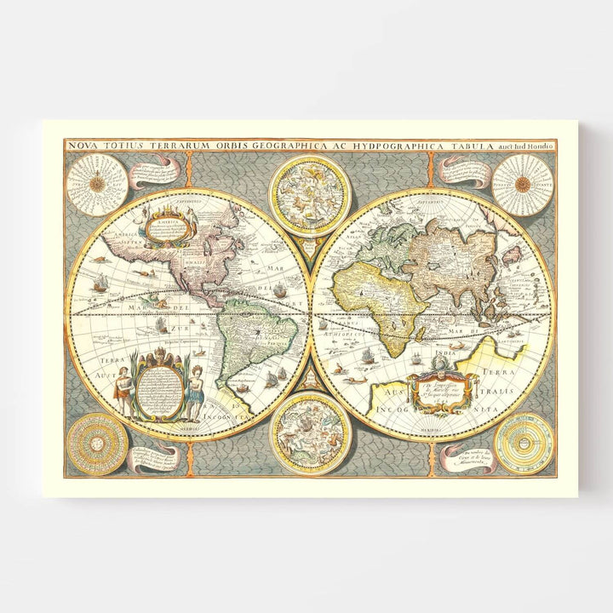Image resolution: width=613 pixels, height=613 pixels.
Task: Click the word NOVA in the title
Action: pos(83,146)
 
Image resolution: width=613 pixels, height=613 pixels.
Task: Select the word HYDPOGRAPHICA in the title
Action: pos(398,146)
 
